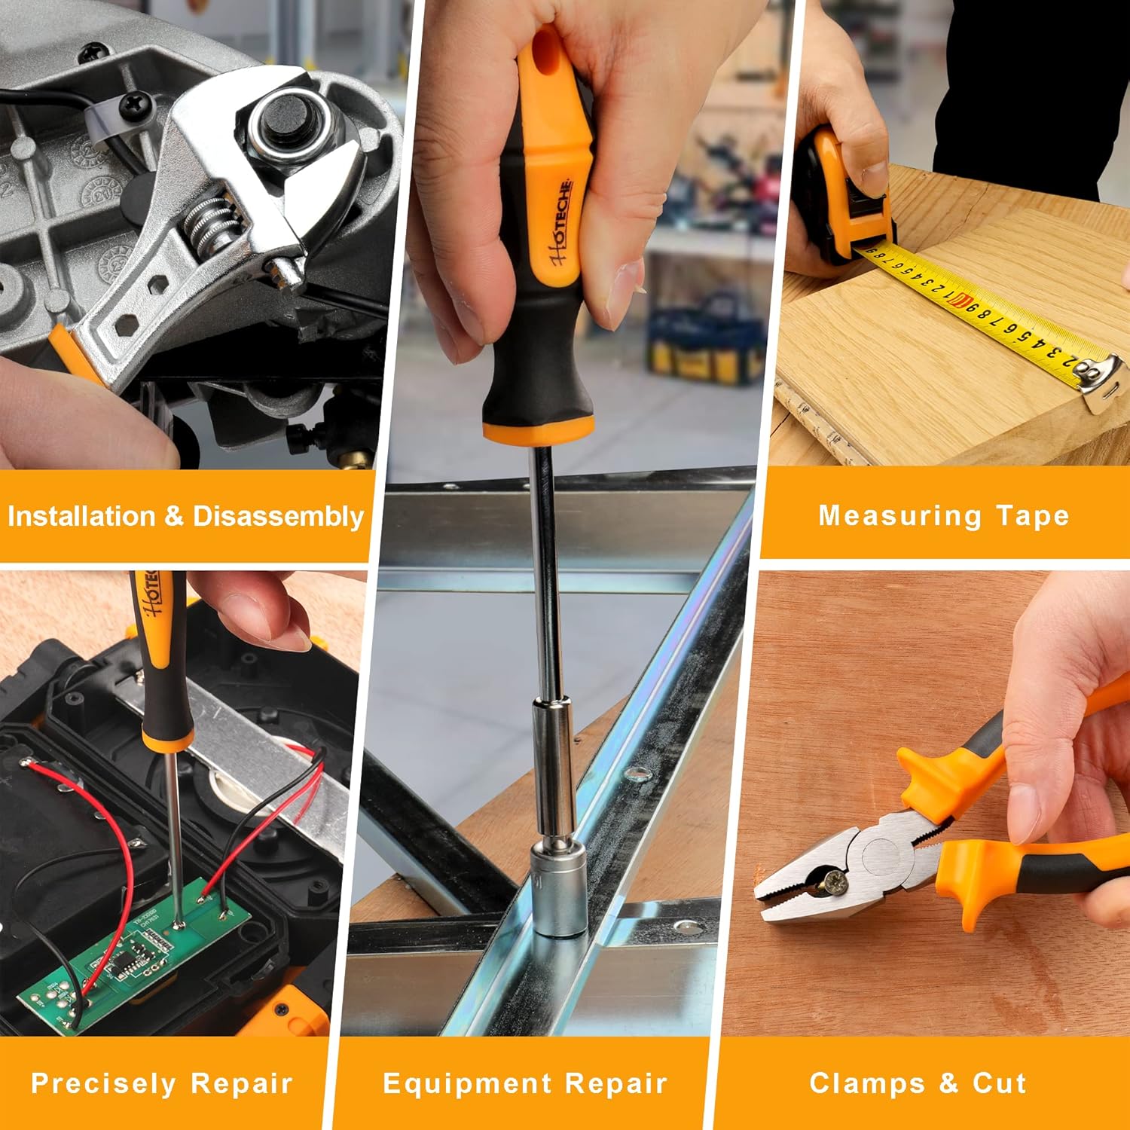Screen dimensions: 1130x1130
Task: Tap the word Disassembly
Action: pos(278,516)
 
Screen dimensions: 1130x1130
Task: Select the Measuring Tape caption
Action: pos(943,515)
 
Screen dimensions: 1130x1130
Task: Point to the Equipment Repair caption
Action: pos(525,1083)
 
